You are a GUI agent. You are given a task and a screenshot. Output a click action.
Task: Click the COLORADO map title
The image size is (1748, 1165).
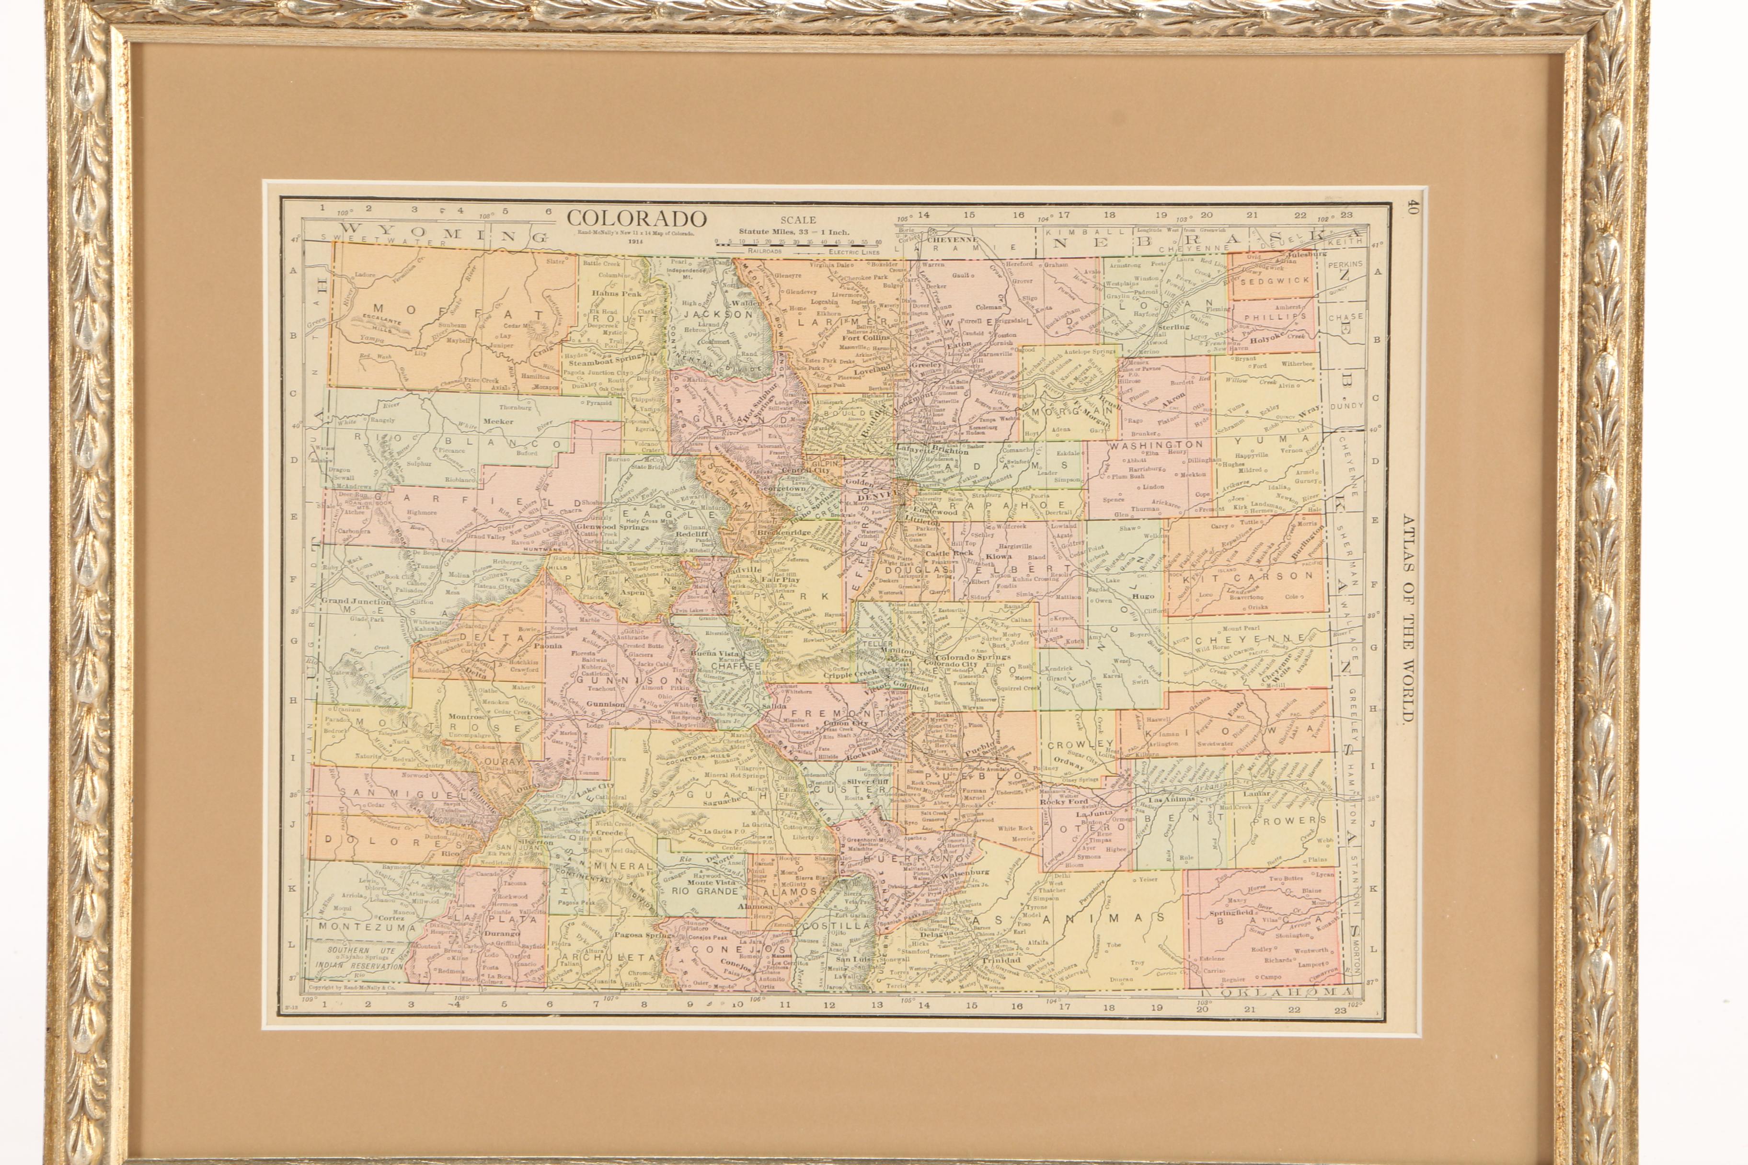pos(636,218)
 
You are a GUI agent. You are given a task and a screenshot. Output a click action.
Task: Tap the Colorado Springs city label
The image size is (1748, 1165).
pos(973,657)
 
